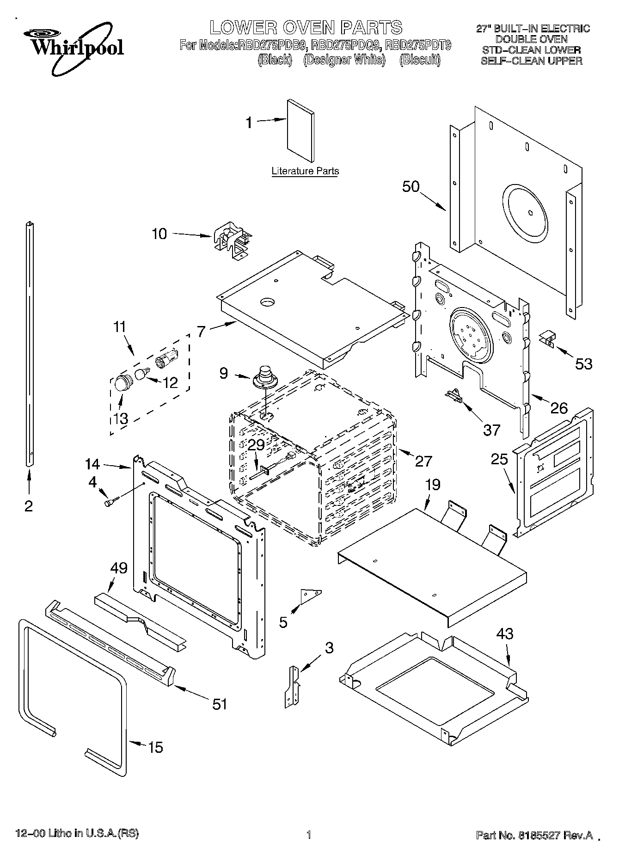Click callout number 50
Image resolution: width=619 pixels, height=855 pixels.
[x=411, y=186]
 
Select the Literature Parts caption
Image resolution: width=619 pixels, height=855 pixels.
[x=305, y=171]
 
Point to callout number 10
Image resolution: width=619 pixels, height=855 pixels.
[x=159, y=234]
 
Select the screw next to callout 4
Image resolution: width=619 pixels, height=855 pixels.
[x=111, y=501]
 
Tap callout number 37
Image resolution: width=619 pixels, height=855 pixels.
[x=491, y=430]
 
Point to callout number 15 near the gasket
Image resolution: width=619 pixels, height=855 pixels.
[x=156, y=747]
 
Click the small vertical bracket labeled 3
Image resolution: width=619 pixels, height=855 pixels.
[x=293, y=685]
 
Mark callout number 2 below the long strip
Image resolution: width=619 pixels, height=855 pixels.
[x=29, y=506]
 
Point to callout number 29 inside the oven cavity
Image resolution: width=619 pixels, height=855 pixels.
[x=256, y=445]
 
